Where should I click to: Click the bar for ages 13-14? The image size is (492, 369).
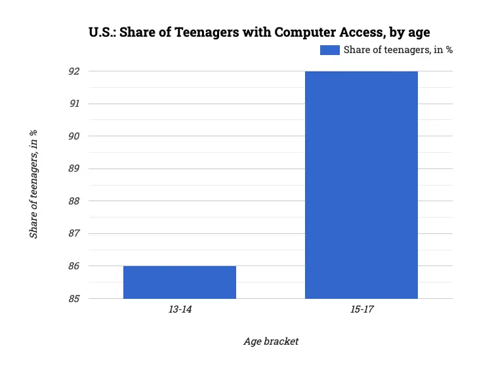(x=180, y=282)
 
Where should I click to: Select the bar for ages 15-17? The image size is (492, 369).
(x=361, y=185)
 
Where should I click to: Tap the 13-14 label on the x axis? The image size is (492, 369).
(x=180, y=309)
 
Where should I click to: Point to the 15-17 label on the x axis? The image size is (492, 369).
(x=361, y=309)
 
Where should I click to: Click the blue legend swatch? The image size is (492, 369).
(x=329, y=50)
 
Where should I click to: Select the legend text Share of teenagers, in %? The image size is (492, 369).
(x=398, y=50)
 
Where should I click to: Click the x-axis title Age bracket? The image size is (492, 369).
(x=271, y=341)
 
